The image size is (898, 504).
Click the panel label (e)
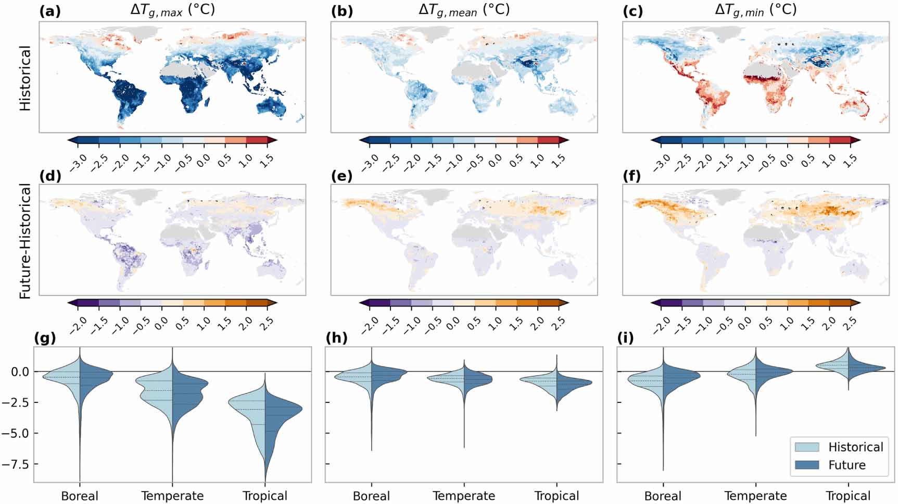342,176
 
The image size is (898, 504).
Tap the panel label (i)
625,338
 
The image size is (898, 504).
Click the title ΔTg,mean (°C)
464,10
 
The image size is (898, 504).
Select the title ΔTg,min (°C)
755,10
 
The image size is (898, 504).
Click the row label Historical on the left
26,78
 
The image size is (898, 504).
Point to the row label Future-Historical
26,242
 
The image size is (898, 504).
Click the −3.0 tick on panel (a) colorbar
78,158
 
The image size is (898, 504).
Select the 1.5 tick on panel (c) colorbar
850,158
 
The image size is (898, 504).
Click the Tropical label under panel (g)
265,496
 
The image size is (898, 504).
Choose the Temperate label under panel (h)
464,496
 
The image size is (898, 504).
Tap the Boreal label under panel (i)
663,496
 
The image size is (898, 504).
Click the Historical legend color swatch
807,447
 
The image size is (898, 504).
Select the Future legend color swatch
807,465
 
